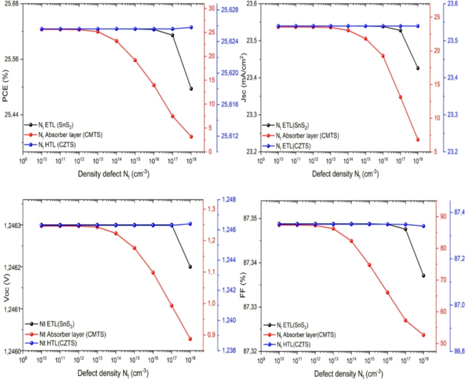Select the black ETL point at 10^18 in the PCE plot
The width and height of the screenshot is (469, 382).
(x=191, y=89)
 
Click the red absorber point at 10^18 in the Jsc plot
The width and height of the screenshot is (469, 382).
(x=418, y=140)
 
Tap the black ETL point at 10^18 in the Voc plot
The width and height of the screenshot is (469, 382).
(x=190, y=267)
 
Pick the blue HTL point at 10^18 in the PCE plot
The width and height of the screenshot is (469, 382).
(x=191, y=27)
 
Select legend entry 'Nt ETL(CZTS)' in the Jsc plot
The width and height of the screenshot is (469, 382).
(x=299, y=146)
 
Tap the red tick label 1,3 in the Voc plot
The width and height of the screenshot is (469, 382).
(x=212, y=209)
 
